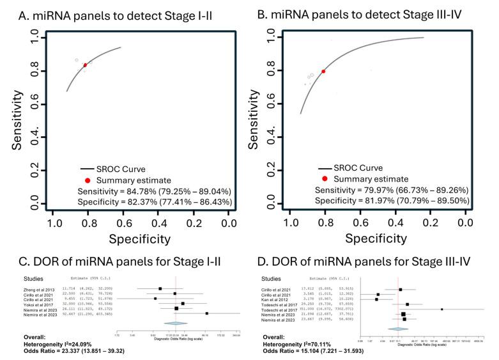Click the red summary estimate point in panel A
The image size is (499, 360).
[x=85, y=65]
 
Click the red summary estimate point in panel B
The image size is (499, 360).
[x=323, y=72]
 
